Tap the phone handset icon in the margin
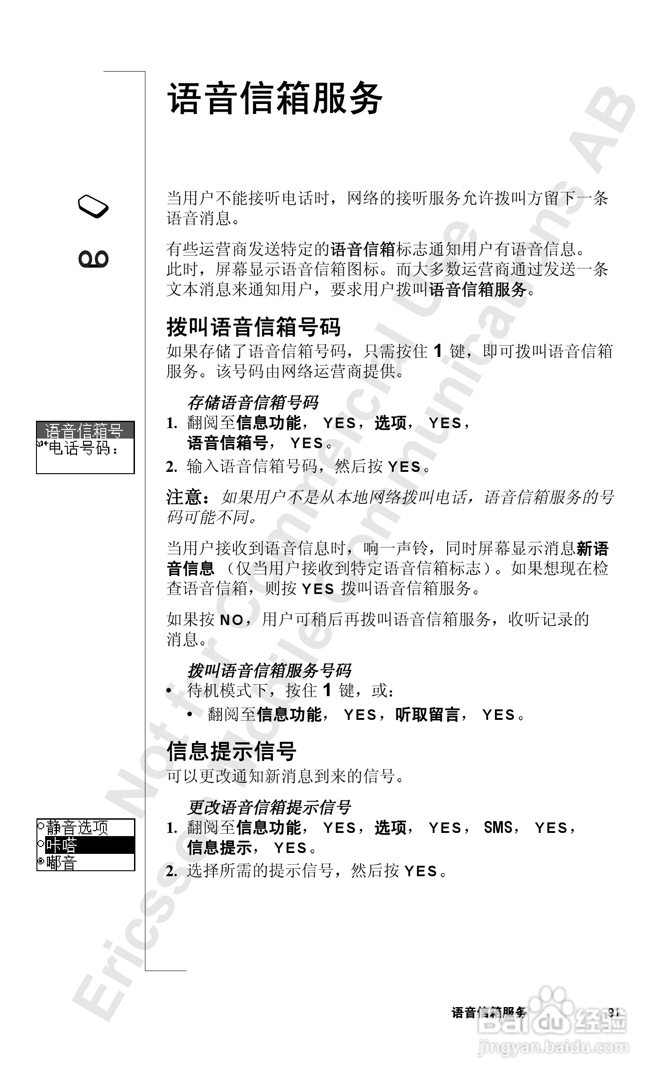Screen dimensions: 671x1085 click(x=93, y=207)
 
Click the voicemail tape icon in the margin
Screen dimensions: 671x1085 click(x=93, y=259)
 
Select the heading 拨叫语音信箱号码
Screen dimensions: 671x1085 click(x=253, y=327)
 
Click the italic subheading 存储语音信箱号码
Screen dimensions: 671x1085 click(x=253, y=403)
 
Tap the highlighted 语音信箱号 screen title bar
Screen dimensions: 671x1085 click(x=85, y=430)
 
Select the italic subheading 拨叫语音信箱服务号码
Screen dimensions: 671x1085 click(x=269, y=671)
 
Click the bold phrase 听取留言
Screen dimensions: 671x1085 click(x=427, y=714)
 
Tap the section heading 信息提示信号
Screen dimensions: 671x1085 click(x=231, y=751)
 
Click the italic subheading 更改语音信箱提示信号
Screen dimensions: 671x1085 click(x=269, y=807)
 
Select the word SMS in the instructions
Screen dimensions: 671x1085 click(x=498, y=827)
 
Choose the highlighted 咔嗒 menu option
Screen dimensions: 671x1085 click(x=62, y=845)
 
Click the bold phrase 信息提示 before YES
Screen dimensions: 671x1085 click(x=220, y=847)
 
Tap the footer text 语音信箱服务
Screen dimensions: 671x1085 click(x=489, y=1013)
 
